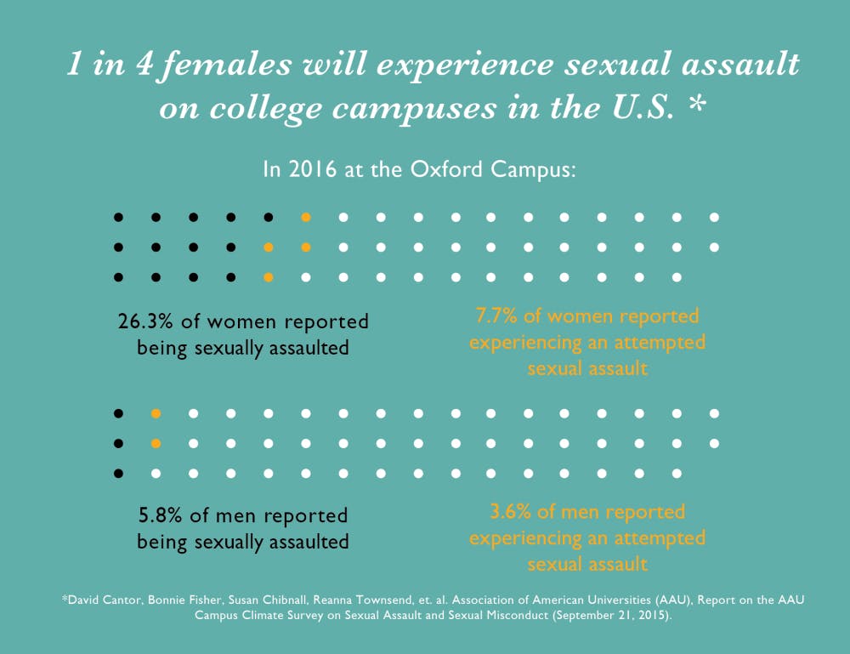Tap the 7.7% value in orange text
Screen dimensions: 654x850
click(495, 317)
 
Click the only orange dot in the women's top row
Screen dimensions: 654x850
click(306, 218)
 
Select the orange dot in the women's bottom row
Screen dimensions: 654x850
click(269, 277)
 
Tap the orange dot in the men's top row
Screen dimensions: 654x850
click(156, 414)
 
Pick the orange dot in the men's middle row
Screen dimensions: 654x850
click(156, 443)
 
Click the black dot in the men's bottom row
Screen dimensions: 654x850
click(118, 473)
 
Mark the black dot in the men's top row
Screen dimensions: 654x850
click(118, 414)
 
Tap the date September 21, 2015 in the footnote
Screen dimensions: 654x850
click(620, 616)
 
